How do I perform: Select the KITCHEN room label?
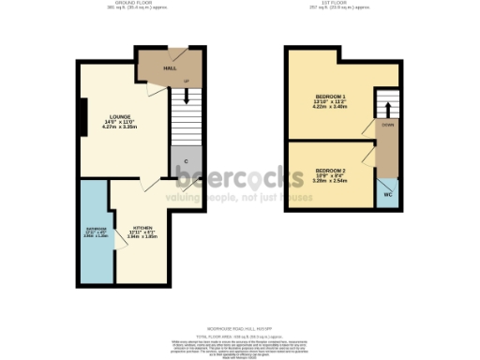142,227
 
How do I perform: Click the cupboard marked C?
186,161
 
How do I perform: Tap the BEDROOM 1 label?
330,97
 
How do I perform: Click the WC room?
386,195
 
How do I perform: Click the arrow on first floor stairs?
385,101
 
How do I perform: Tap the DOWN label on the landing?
385,124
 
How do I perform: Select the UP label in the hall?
186,82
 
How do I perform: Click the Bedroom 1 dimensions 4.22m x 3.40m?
330,108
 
